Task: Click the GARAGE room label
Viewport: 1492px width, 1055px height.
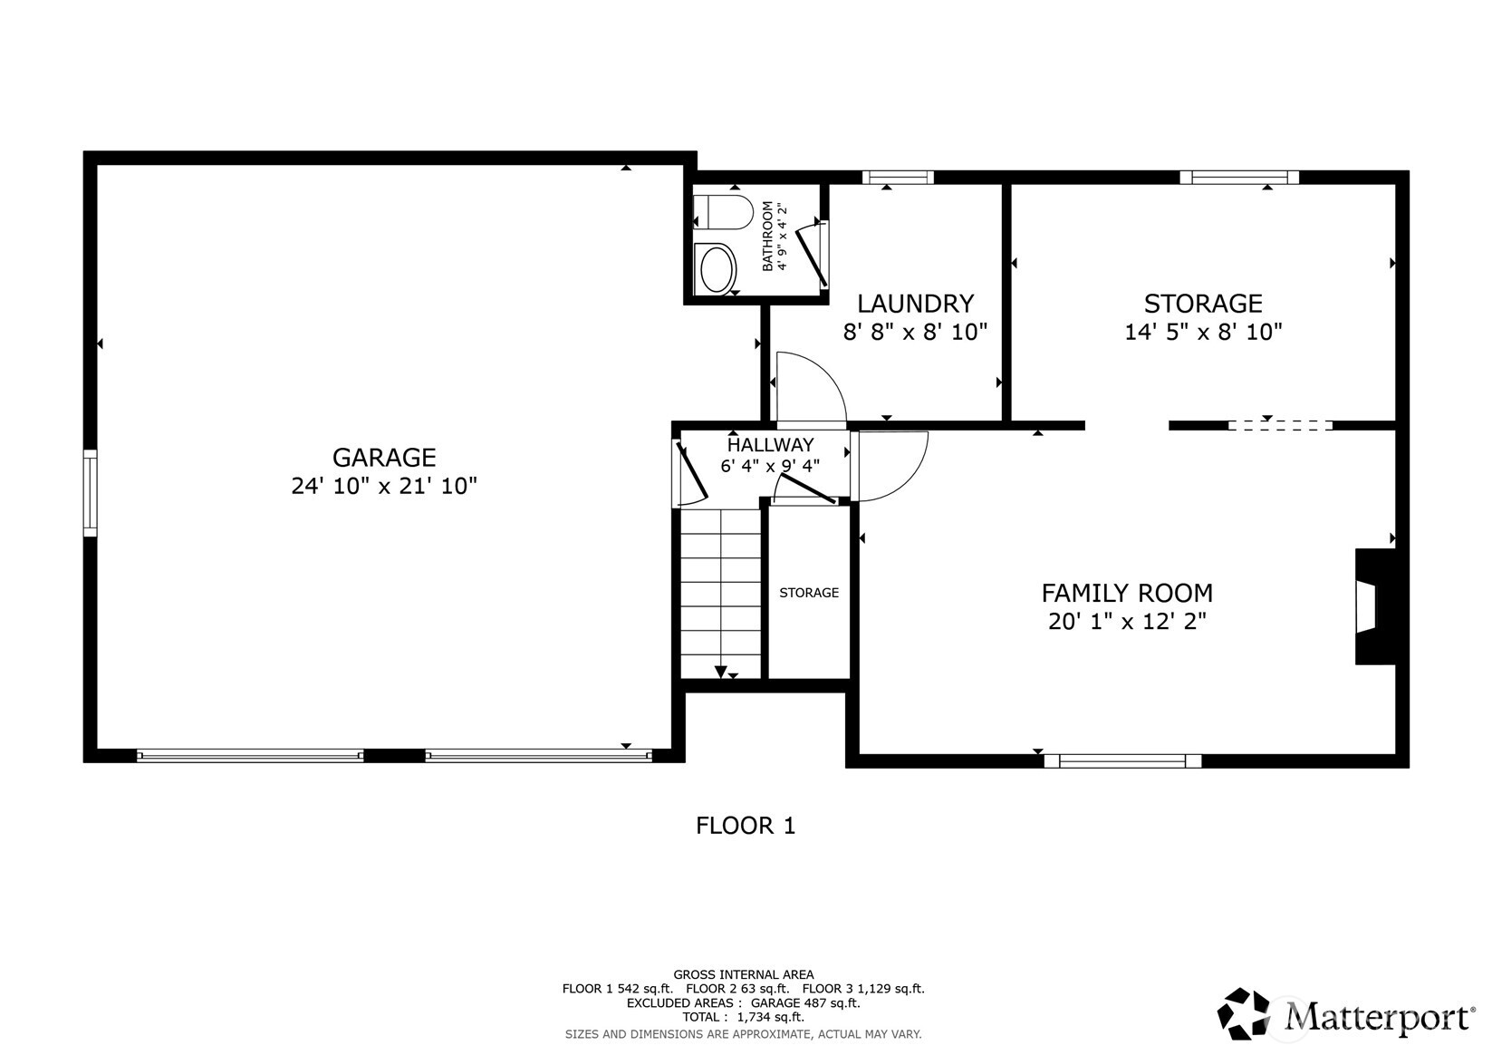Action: tap(383, 457)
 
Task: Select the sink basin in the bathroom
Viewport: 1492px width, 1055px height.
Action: tap(718, 269)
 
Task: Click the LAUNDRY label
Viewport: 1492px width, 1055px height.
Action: tap(915, 303)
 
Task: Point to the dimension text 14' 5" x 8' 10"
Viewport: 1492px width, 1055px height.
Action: tap(1203, 332)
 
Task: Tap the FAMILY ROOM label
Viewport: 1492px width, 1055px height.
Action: tap(1126, 593)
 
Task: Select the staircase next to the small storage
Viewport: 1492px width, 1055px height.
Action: tap(721, 589)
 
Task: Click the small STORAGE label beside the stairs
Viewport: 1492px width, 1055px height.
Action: tap(809, 593)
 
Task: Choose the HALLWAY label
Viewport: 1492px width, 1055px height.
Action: tap(770, 445)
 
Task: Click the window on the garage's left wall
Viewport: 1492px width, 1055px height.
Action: tap(90, 492)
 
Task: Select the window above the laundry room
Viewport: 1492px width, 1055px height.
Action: tap(897, 178)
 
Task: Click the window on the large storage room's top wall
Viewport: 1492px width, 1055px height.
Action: tap(1238, 178)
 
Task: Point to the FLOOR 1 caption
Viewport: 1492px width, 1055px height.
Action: tap(745, 826)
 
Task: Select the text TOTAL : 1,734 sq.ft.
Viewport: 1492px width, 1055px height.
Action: tap(743, 1018)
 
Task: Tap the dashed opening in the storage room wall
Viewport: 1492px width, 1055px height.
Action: tap(1280, 425)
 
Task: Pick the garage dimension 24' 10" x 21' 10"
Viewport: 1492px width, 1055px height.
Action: tap(383, 487)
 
